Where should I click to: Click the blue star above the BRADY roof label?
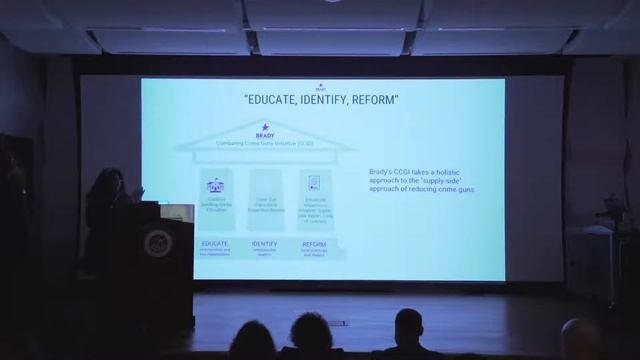265,127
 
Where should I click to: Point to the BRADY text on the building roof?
265,136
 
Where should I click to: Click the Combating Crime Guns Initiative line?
265,144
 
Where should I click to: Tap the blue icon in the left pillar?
215,186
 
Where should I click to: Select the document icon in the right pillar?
314,183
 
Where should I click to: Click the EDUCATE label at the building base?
215,243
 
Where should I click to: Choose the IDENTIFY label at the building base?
265,243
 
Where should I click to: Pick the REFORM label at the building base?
314,243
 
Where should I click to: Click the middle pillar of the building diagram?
265,200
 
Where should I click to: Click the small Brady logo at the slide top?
320,87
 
